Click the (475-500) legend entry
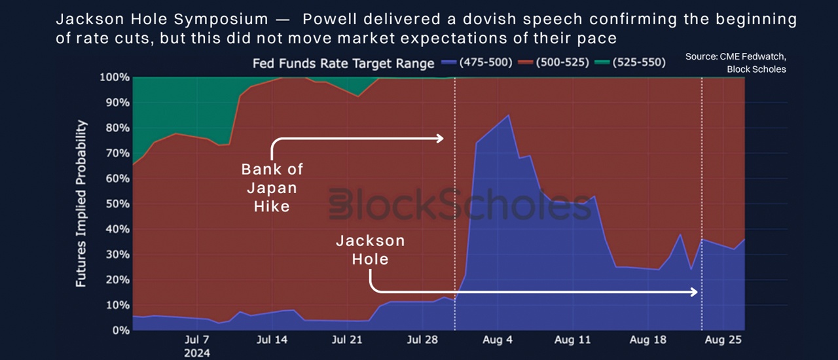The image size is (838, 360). [477, 62]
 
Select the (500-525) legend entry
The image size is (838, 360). [553, 62]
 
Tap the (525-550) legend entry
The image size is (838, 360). [630, 62]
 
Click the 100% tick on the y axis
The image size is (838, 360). [115, 77]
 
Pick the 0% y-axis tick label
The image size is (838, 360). [121, 331]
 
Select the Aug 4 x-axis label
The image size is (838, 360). [498, 340]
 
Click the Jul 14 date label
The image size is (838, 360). [272, 340]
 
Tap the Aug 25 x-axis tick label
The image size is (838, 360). [723, 340]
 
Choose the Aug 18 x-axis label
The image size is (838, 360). [648, 340]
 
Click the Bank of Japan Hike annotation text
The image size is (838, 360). [272, 188]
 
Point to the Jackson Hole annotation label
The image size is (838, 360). [371, 250]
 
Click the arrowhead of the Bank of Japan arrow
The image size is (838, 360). [441, 139]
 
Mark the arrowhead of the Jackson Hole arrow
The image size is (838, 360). [695, 293]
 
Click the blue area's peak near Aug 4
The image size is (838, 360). [509, 115]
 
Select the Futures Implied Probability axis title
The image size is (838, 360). [81, 204]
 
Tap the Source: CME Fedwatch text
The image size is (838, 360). [736, 56]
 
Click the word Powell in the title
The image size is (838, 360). [329, 19]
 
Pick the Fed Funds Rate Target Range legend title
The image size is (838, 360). [344, 63]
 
